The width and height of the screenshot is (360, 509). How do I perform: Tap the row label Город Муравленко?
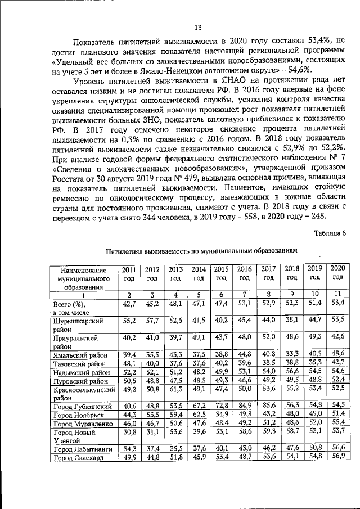point(79,421)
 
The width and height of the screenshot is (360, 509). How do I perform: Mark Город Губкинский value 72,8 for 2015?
point(222,405)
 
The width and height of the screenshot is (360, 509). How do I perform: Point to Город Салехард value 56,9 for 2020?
point(337,457)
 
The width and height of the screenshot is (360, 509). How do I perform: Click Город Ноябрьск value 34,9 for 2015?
point(222,413)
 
